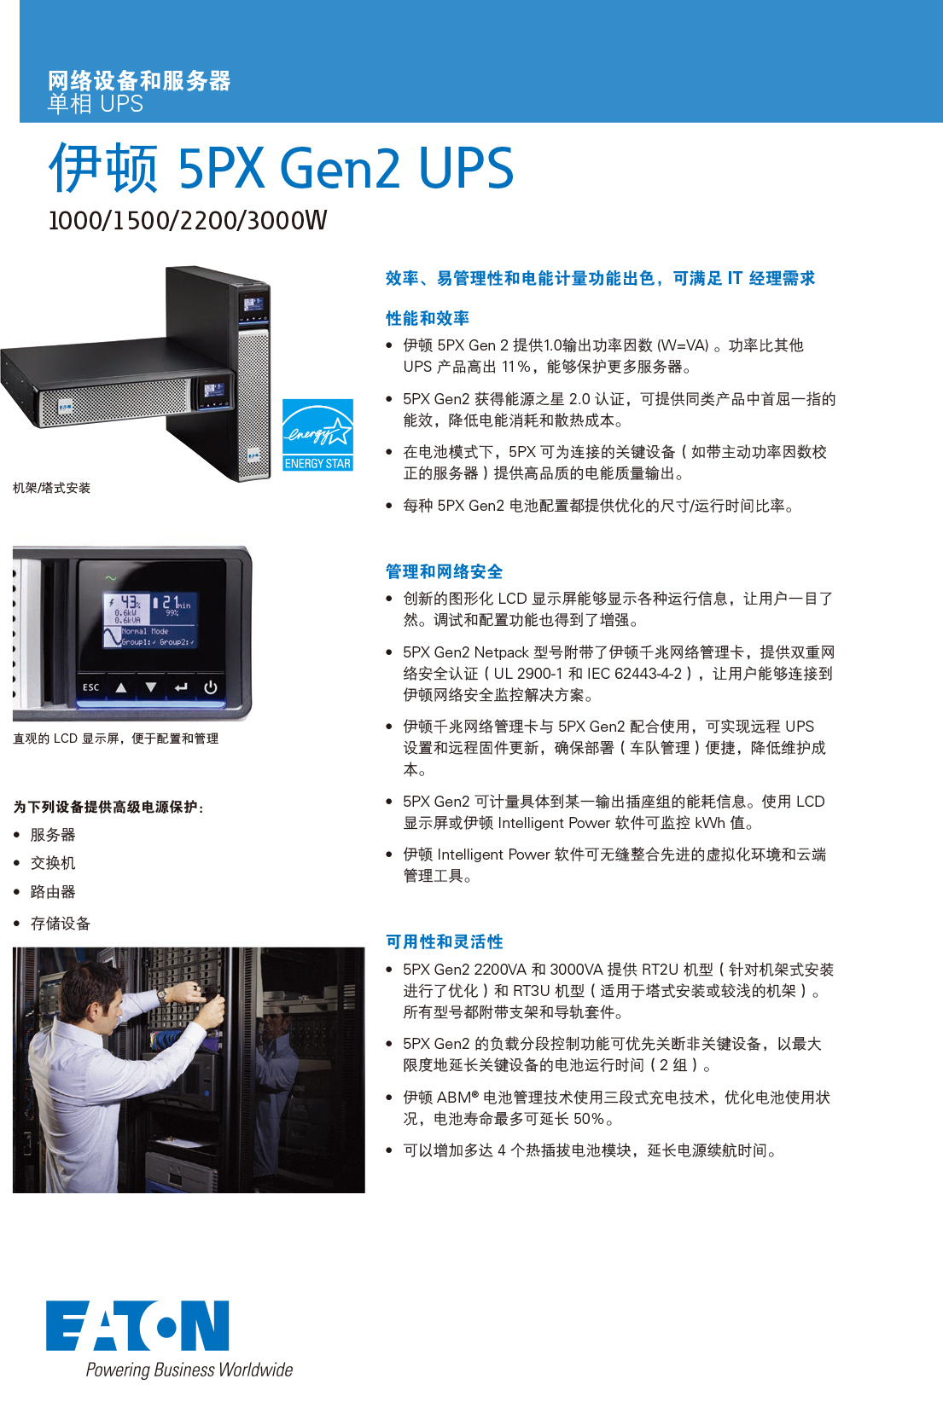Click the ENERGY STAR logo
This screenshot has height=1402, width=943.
[317, 435]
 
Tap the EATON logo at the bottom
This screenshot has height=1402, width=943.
[137, 1325]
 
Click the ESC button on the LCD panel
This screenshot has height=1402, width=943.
[90, 687]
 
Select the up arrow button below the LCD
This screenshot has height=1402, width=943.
[121, 687]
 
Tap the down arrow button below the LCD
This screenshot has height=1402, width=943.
[151, 687]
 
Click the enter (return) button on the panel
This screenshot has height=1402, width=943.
[181, 687]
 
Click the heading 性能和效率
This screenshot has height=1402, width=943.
[427, 318]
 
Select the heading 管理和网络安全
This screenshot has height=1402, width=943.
[444, 571]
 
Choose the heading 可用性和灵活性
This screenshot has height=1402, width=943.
[444, 941]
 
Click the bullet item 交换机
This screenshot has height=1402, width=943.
[53, 863]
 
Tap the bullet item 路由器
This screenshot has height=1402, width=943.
[53, 892]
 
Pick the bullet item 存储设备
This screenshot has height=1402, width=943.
[60, 924]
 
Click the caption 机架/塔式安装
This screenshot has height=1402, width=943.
[51, 488]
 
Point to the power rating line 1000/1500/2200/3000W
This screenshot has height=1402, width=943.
[188, 220]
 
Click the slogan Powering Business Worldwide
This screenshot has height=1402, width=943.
[189, 1370]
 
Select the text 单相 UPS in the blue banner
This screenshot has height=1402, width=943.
[96, 104]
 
